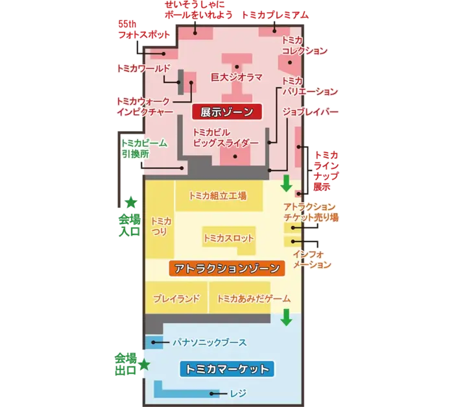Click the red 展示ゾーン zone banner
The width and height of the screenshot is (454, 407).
point(226,112)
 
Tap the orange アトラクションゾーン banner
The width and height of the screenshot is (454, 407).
point(226,267)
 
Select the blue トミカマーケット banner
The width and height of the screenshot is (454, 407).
point(226,369)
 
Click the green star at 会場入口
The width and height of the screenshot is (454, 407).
point(130,201)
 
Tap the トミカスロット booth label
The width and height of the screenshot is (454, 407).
point(229,238)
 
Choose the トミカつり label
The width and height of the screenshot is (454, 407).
point(160,226)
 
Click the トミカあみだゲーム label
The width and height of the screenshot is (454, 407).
point(253,299)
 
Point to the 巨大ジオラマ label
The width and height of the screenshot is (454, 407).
point(237,77)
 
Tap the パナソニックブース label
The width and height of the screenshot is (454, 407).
point(209,341)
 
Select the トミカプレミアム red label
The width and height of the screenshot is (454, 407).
point(275,14)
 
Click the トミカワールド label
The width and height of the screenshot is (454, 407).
point(143,68)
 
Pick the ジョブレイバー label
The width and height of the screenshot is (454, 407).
point(312,112)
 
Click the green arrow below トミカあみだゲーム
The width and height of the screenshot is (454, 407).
point(286,319)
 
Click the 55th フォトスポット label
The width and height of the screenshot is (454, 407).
point(144,30)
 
